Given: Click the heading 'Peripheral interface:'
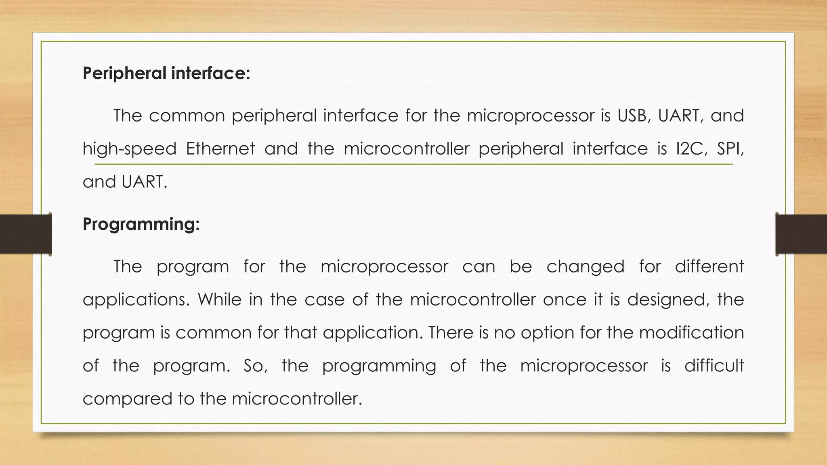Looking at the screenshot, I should (166, 73).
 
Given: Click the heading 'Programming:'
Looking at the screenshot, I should (141, 224).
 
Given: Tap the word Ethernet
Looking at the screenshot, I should (220, 149).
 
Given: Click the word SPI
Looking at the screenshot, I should (730, 149).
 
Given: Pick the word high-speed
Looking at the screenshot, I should (130, 149).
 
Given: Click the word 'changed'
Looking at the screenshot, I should (586, 267).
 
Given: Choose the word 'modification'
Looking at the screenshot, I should (691, 333).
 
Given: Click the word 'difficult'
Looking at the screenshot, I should (714, 366).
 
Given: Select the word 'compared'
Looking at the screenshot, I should (127, 399).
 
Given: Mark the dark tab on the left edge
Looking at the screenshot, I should (25, 234).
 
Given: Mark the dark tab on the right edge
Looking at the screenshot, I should (801, 234).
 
